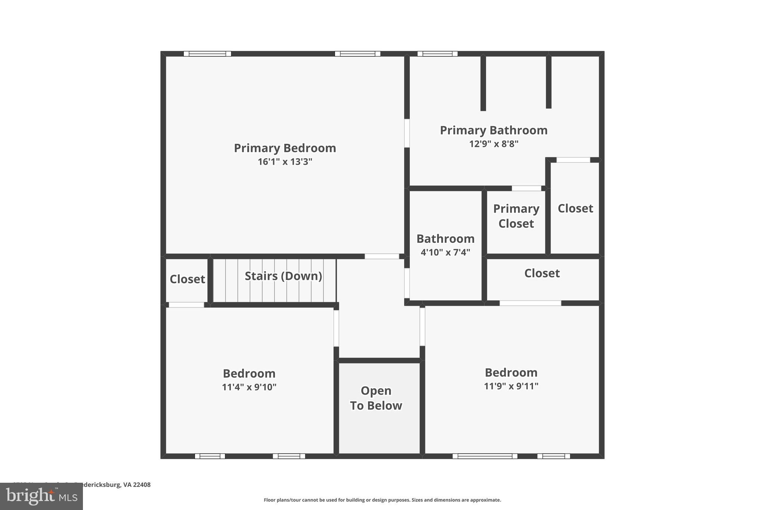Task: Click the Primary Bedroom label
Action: (x=285, y=148)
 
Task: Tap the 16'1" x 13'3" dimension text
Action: (x=285, y=162)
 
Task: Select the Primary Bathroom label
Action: (x=493, y=130)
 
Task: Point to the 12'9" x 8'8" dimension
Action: (x=493, y=144)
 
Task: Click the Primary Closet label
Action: (x=516, y=216)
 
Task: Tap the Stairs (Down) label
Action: (x=283, y=276)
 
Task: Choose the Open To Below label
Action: (x=376, y=398)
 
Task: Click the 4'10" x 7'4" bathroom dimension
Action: (x=445, y=252)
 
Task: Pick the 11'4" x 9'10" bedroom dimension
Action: (x=249, y=387)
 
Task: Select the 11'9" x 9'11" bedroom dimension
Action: (x=511, y=386)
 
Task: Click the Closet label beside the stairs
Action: (x=187, y=279)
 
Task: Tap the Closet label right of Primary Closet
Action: (x=575, y=208)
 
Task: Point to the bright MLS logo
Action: (x=41, y=496)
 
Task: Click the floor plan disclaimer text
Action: (x=382, y=500)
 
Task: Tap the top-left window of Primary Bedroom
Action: (x=207, y=54)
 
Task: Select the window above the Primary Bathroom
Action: (x=437, y=54)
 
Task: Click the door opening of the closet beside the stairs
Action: (x=186, y=305)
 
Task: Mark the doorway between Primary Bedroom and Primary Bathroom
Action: (x=407, y=133)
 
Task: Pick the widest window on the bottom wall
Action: (x=485, y=456)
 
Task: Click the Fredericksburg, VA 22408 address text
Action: (x=112, y=485)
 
